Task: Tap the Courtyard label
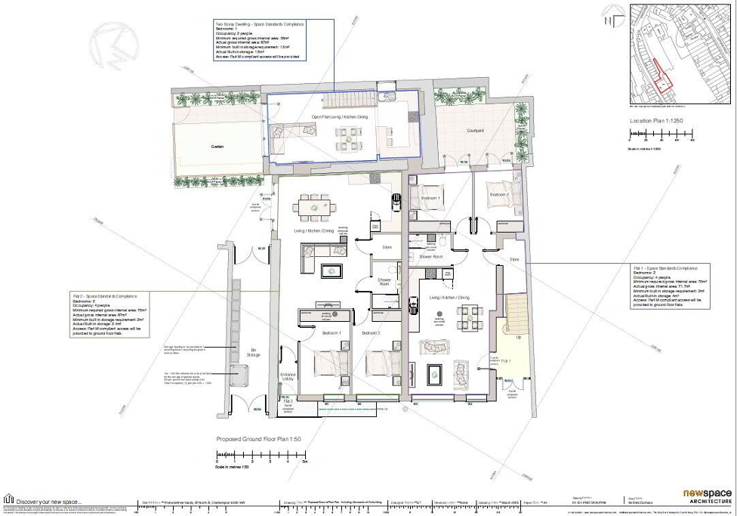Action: [x=475, y=131]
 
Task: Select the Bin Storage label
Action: [x=254, y=351]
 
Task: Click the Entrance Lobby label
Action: [x=288, y=377]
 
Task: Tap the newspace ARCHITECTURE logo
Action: [x=708, y=496]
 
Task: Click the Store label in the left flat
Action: [x=387, y=247]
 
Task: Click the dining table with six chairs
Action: [x=316, y=206]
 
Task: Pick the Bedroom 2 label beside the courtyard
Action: [x=499, y=195]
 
